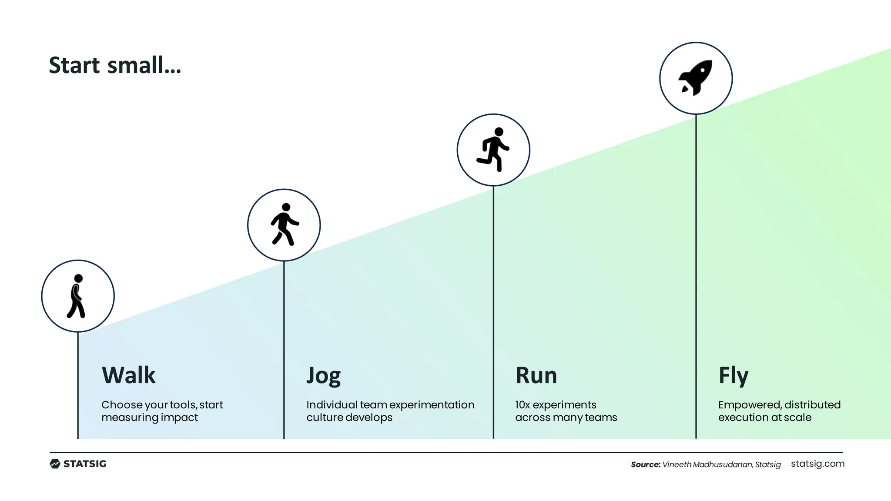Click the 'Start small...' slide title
115,65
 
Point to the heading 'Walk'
128,375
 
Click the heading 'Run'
536,375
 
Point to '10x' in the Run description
523,405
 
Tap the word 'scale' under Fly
797,417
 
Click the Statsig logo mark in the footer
55,464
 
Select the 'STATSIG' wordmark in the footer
85,464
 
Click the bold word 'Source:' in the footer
646,464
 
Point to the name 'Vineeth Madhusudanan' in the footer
707,464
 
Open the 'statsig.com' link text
817,464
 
